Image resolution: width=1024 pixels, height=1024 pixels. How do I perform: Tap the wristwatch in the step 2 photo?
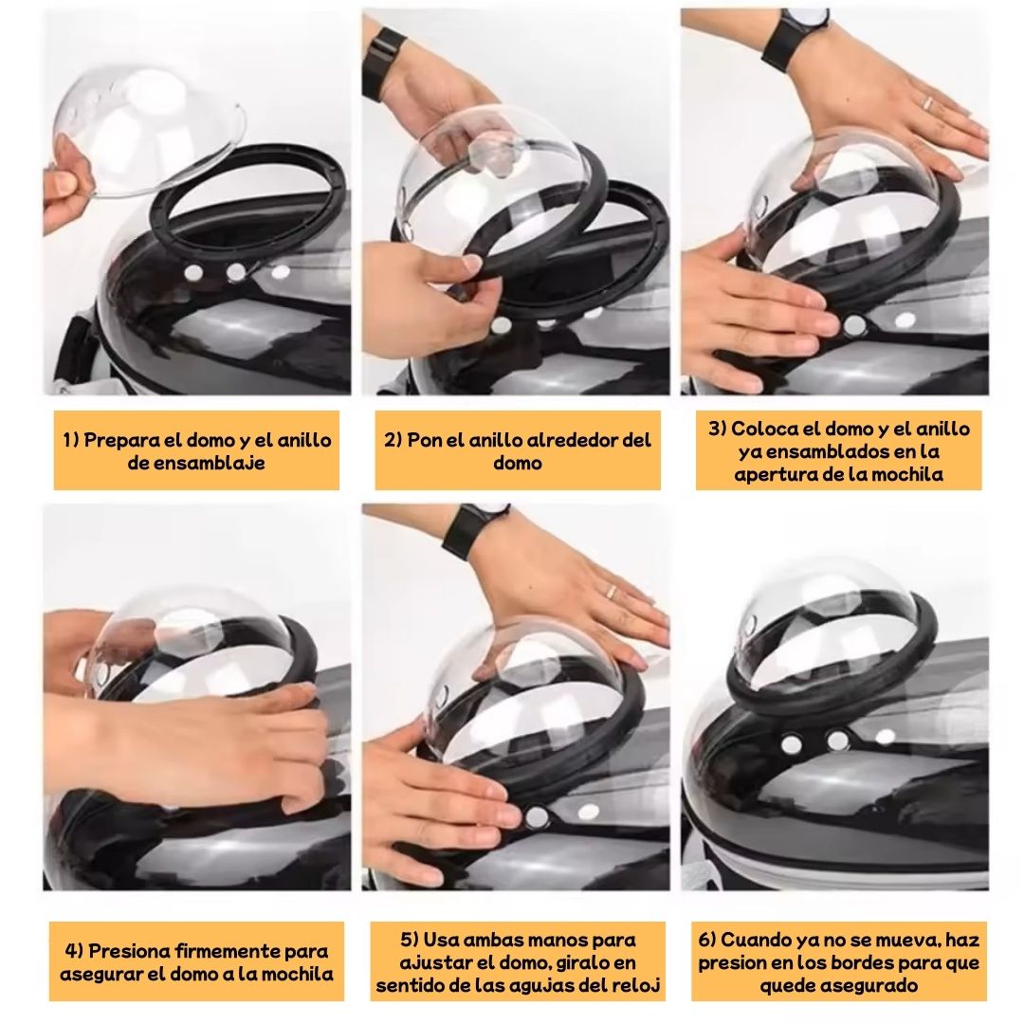[383, 61]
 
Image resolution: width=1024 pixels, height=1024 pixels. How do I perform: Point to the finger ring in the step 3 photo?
[928, 102]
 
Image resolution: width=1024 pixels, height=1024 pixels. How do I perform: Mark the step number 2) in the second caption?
[393, 440]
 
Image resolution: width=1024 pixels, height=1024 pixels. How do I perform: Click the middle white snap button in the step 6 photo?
[836, 740]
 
